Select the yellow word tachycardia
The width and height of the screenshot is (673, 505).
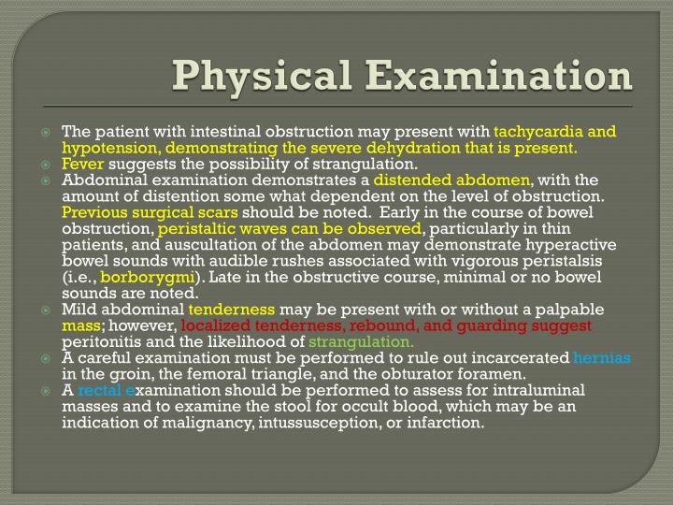[539, 131]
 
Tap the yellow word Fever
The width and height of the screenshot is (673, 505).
[82, 165]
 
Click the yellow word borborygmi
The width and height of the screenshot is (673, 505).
[146, 277]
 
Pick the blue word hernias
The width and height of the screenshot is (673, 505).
[602, 358]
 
